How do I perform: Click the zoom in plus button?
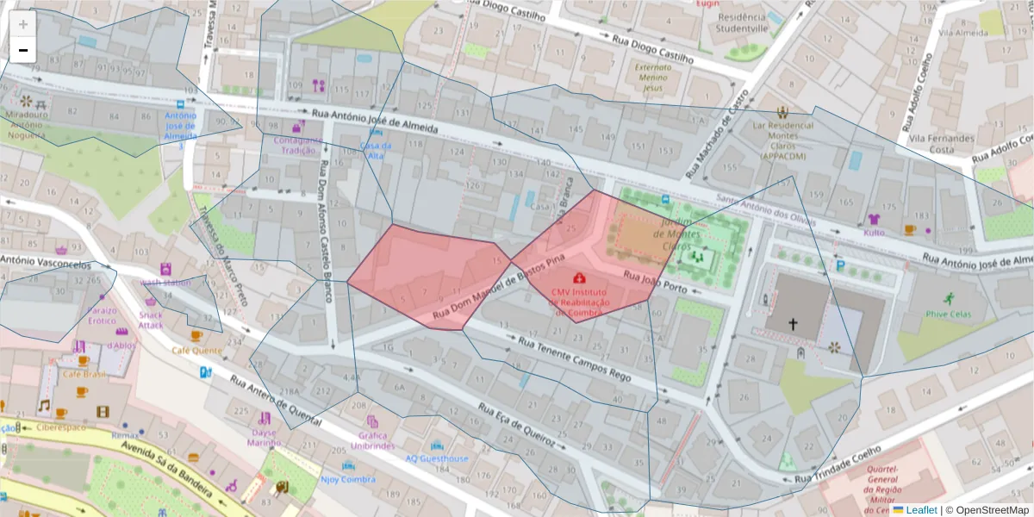pos(22,24)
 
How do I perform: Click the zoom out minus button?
pos(22,50)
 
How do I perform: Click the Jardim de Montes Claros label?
pos(676,234)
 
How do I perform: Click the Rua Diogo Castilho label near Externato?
pos(652,47)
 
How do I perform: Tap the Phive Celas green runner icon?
pos(949,298)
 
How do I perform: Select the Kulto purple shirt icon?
pos(875,219)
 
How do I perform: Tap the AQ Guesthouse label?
pos(437,458)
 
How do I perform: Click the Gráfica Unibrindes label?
pos(372,440)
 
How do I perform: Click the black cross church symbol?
pos(793,325)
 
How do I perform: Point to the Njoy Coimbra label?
pos(347,479)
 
